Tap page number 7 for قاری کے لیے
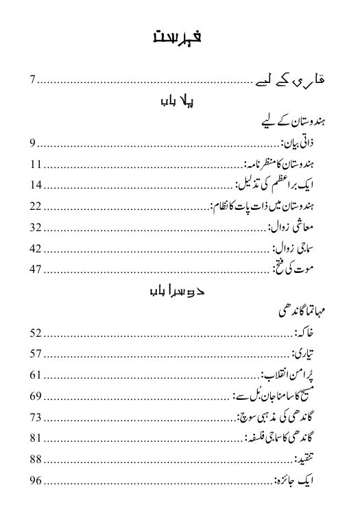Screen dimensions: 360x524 [x=32, y=82]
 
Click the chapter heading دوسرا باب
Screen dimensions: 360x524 [x=178, y=291]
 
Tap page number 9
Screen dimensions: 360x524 [x=32, y=144]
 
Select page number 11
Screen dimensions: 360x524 [x=36, y=165]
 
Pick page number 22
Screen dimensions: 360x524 [x=36, y=206]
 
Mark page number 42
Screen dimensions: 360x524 [x=36, y=248]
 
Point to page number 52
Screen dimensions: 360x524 [x=36, y=333]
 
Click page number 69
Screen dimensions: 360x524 [x=36, y=396]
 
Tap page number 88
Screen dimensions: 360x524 [x=36, y=458]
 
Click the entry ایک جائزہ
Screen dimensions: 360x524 [x=298, y=479]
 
